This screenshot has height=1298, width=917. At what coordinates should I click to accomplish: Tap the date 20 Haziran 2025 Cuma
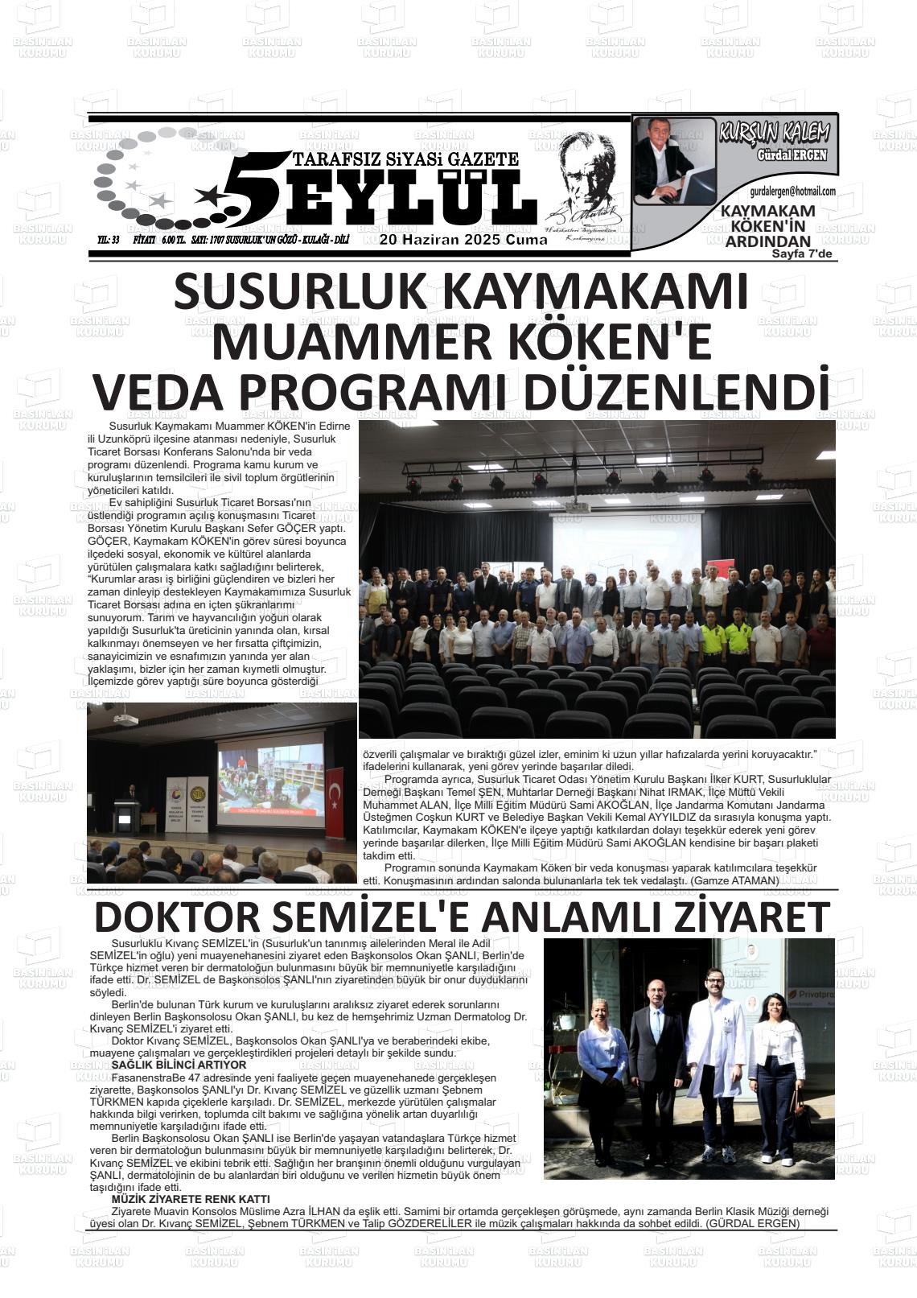[463, 240]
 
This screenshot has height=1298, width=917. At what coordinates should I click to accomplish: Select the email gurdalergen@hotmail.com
[792, 192]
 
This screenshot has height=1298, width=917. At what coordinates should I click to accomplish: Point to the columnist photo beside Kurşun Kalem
[674, 159]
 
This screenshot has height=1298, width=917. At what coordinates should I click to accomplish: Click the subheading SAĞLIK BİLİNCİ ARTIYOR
[179, 1065]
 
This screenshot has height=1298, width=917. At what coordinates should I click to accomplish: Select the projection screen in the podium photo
[269, 785]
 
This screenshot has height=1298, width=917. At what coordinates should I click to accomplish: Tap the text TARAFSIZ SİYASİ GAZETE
[406, 159]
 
